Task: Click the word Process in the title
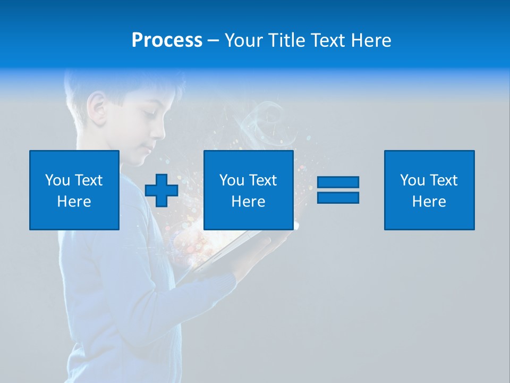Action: tap(167, 40)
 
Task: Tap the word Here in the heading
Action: tap(371, 40)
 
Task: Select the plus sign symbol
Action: tap(161, 190)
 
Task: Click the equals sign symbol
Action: tap(338, 190)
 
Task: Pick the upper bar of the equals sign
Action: tap(338, 182)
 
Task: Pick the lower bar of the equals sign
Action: tap(338, 197)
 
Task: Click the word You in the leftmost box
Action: tap(56, 180)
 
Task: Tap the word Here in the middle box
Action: tap(249, 202)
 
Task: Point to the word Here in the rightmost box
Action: tap(429, 202)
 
